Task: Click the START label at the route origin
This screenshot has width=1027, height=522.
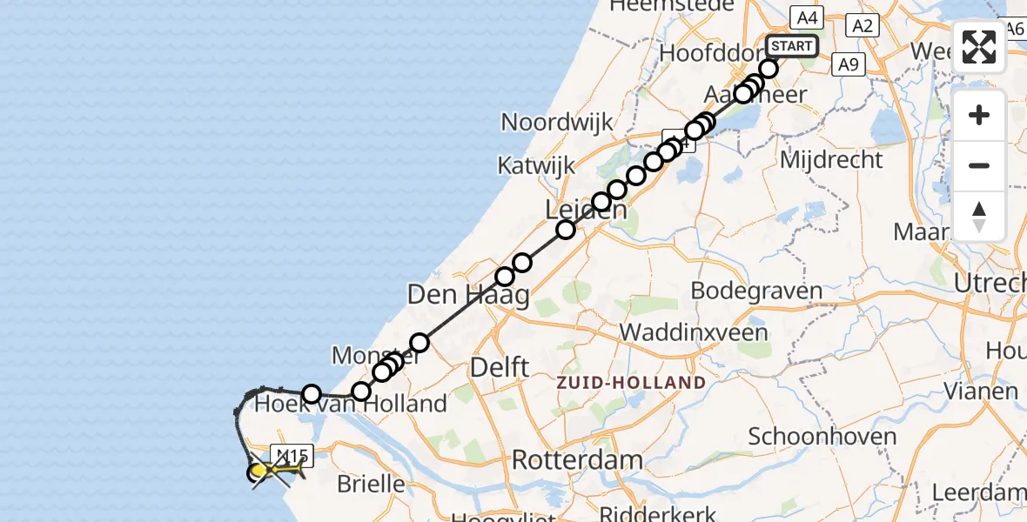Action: pos(791,45)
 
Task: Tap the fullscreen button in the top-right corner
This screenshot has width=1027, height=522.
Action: pos(979,47)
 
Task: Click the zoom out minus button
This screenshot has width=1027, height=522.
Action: pos(979,165)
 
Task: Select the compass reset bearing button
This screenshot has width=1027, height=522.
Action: pos(979,217)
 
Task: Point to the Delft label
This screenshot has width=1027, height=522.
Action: pos(499,367)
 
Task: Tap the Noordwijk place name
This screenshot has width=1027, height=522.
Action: pos(558,122)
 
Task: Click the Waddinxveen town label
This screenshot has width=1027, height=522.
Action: pos(694,332)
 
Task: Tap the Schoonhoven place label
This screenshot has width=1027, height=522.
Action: pos(822,437)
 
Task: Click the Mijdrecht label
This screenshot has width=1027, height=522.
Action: pos(831,160)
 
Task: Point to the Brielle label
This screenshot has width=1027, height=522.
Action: pos(371,484)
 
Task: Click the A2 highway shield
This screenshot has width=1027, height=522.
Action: pos(863,26)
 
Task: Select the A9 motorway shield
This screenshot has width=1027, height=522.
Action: pos(849,64)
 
